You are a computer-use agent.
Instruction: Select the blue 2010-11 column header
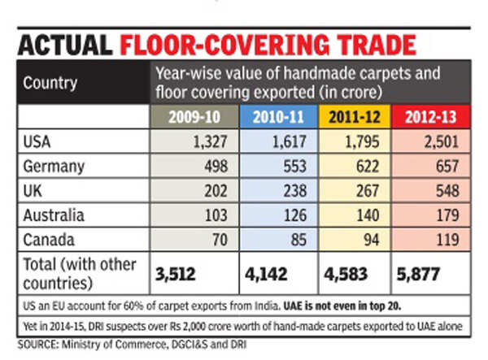point(277,117)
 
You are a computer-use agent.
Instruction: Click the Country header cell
point(50,82)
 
